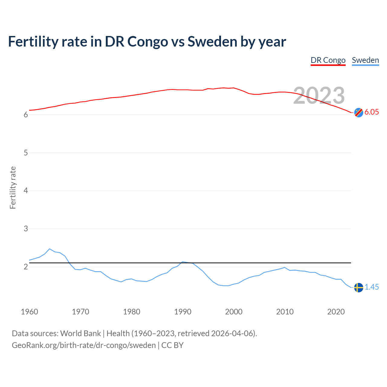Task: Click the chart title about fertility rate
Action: click(x=147, y=42)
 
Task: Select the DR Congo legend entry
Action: click(x=328, y=60)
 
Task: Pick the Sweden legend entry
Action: click(x=365, y=60)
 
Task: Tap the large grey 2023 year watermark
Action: click(x=319, y=96)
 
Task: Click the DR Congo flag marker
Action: click(x=359, y=112)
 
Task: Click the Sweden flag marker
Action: click(x=359, y=287)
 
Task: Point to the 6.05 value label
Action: click(x=372, y=112)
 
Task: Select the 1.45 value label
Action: click(x=372, y=287)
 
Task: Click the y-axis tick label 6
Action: click(x=26, y=115)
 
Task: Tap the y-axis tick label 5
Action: click(x=26, y=153)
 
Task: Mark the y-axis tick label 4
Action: click(x=26, y=191)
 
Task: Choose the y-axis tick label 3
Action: click(x=26, y=229)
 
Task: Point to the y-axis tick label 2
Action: click(x=26, y=267)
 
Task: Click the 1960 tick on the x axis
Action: click(x=29, y=312)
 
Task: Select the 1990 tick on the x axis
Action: click(x=183, y=312)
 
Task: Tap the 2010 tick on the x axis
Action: click(x=285, y=312)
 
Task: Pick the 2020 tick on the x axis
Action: click(x=336, y=312)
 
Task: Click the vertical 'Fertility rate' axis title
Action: click(x=13, y=187)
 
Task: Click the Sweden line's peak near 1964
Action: click(x=50, y=249)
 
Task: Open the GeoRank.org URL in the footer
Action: click(x=84, y=345)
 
